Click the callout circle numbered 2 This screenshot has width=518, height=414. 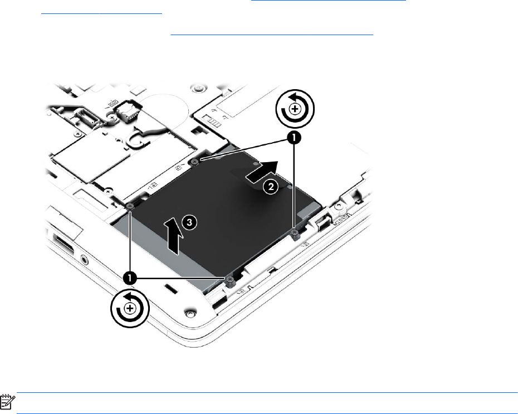(271, 187)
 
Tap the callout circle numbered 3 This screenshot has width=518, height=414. (189, 222)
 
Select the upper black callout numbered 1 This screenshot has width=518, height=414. (294, 138)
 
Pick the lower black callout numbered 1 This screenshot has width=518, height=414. (130, 278)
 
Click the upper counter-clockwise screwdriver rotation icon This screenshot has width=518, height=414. (295, 109)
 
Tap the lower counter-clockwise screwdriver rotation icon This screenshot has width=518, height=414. (130, 308)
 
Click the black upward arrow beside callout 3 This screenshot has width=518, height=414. (173, 236)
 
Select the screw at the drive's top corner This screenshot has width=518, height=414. (194, 161)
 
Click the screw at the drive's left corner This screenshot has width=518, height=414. (129, 206)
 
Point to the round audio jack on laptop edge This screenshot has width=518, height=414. (85, 260)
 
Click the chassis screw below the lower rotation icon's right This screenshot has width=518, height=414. (189, 313)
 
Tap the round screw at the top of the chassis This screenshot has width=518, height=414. (197, 89)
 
